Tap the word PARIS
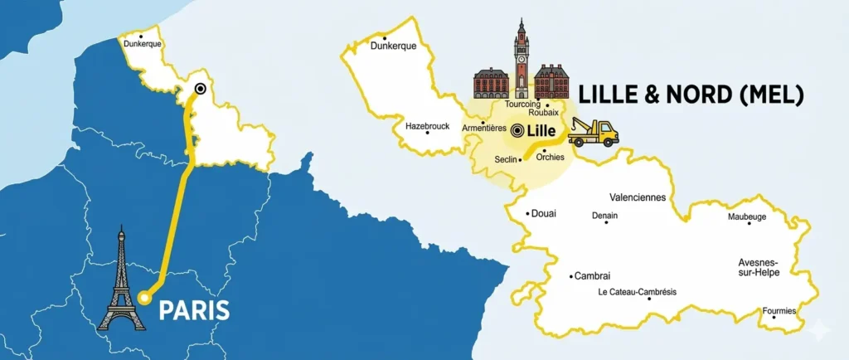[193, 310]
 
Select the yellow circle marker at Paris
[144, 296]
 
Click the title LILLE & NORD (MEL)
[691, 95]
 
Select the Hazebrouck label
[428, 126]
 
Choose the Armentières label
[483, 128]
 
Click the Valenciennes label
[638, 197]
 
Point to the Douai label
[543, 213]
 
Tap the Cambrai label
[592, 276]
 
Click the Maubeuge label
[747, 216]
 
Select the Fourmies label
[779, 311]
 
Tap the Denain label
[604, 215]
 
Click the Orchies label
[550, 155]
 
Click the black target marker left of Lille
[518, 130]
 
